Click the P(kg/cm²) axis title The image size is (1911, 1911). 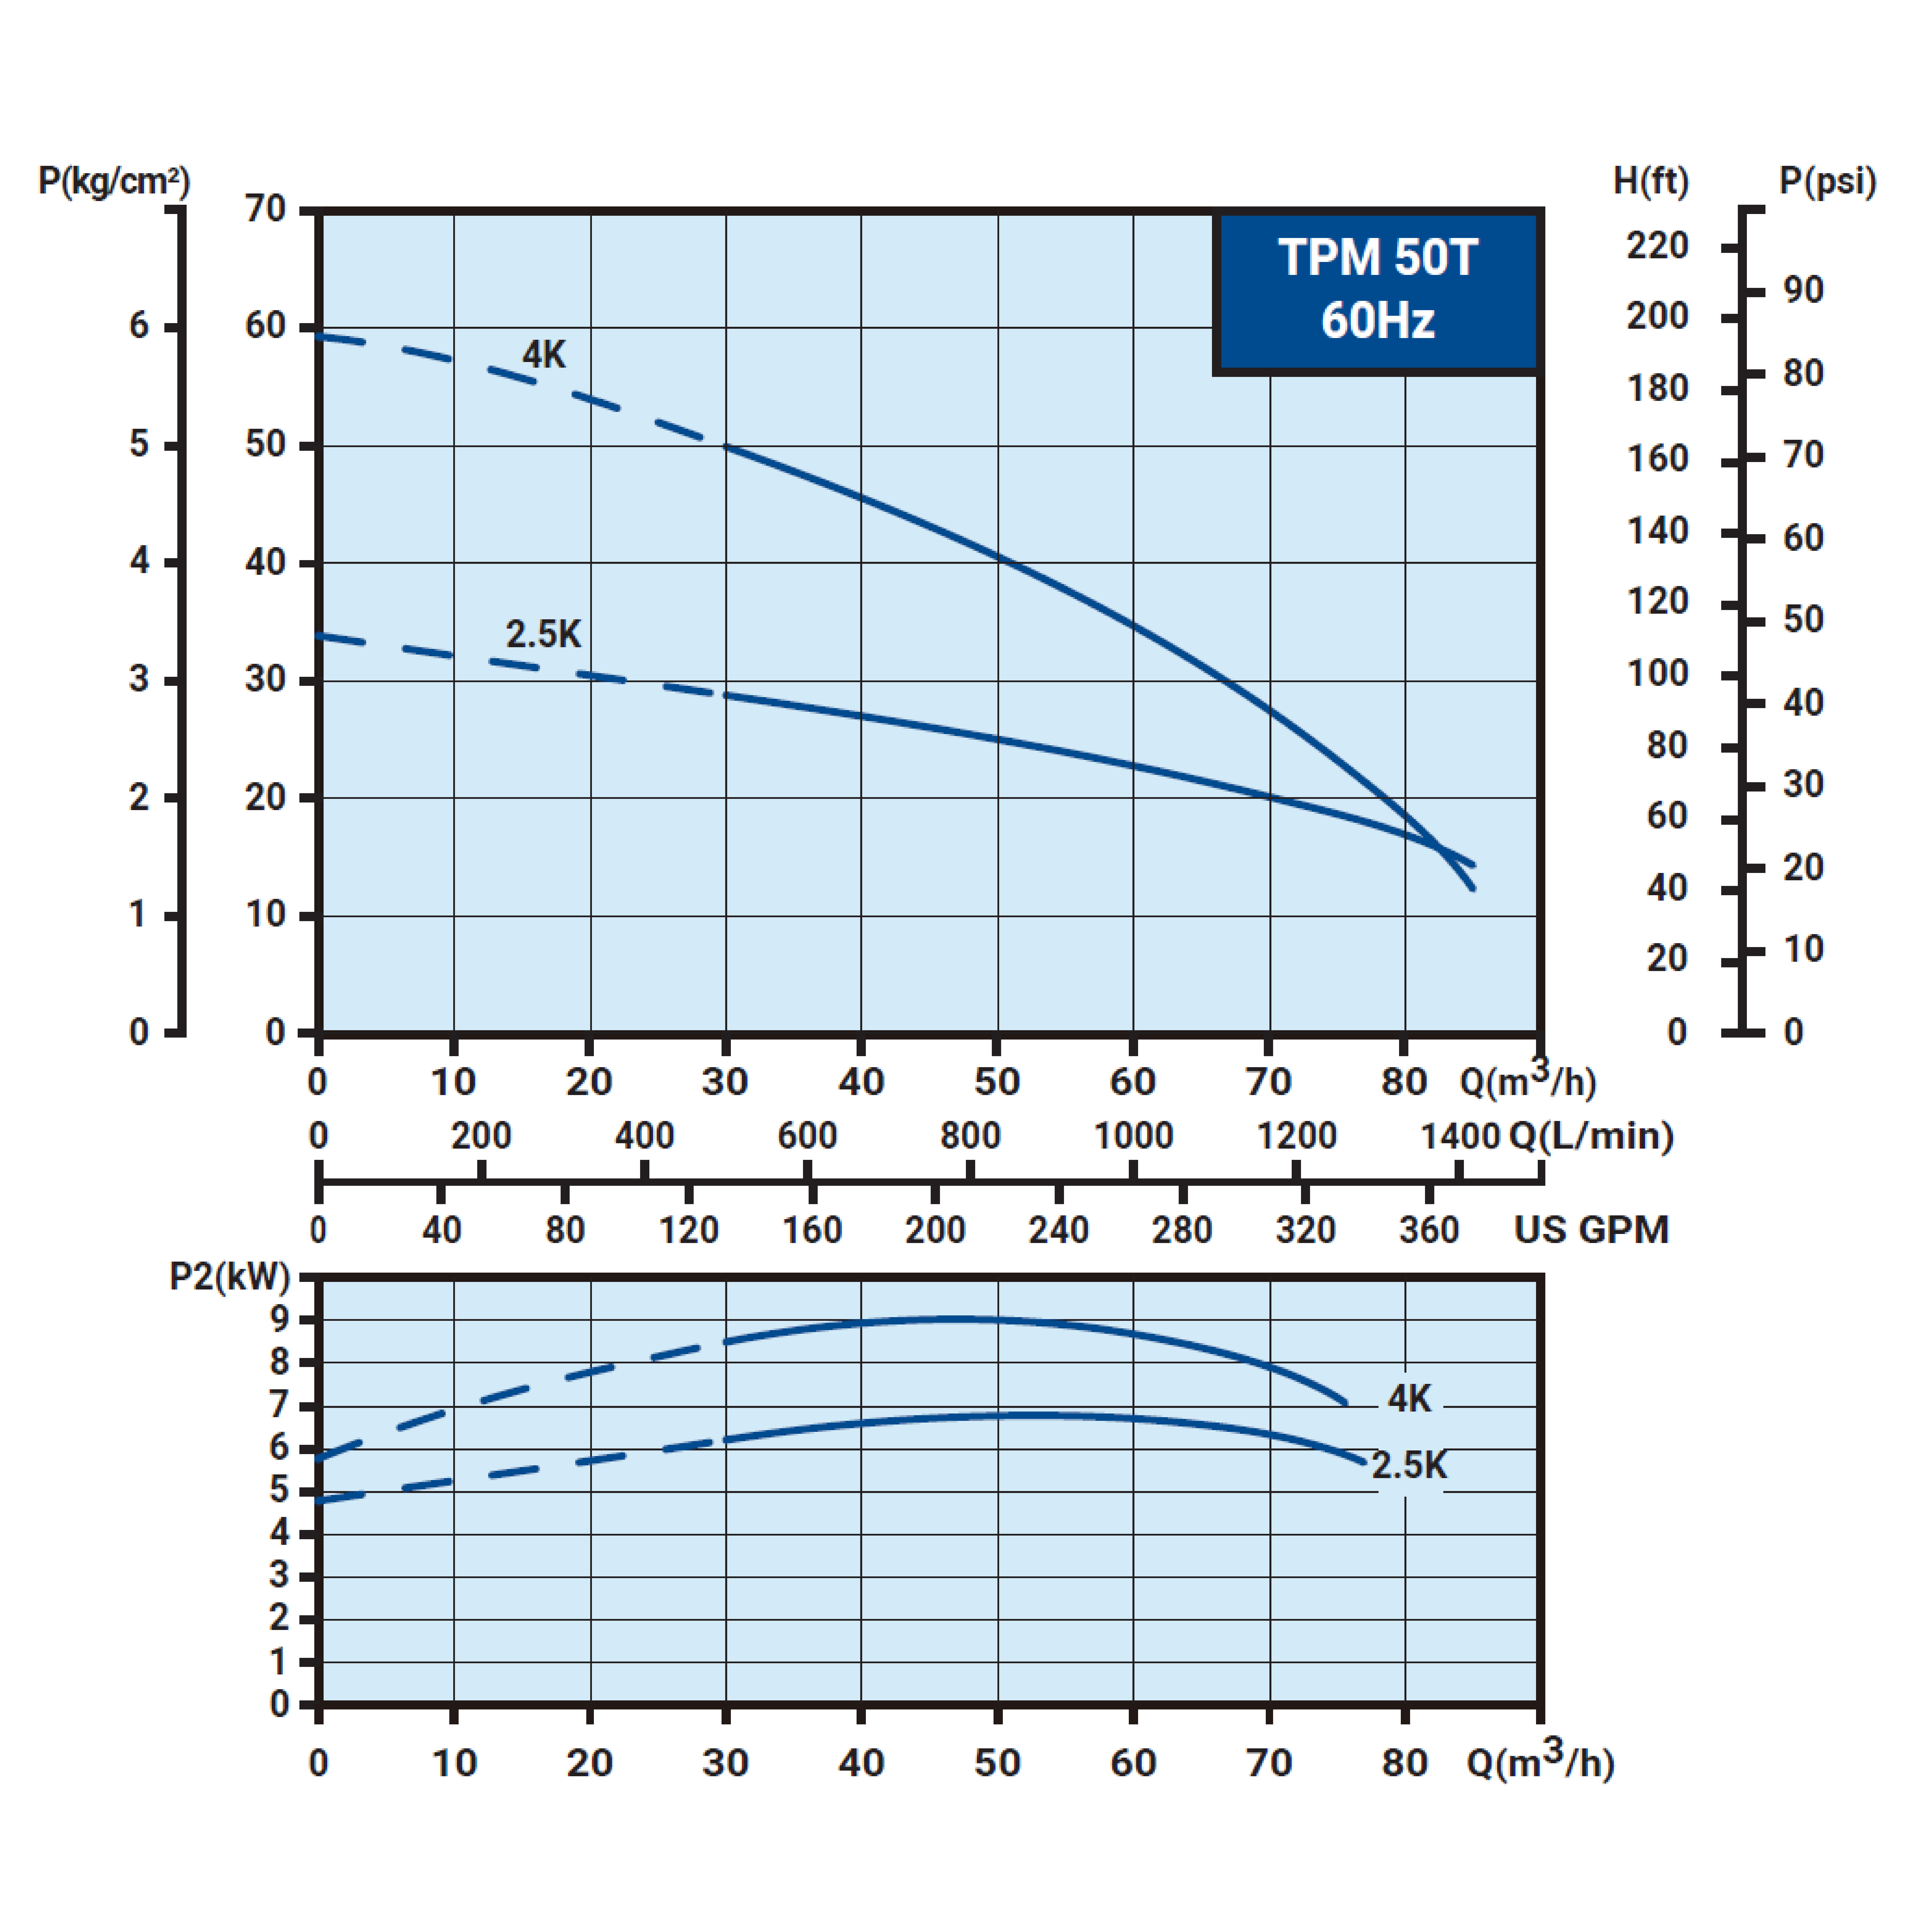[114, 181]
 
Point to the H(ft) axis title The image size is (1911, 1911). [1651, 181]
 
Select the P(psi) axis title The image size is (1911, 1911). [1827, 181]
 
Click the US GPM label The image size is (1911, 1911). [1591, 1230]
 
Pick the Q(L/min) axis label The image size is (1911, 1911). [1591, 1136]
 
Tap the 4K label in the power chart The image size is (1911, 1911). [1409, 1399]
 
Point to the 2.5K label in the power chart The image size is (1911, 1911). [1409, 1465]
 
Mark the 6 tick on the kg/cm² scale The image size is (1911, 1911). [139, 325]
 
